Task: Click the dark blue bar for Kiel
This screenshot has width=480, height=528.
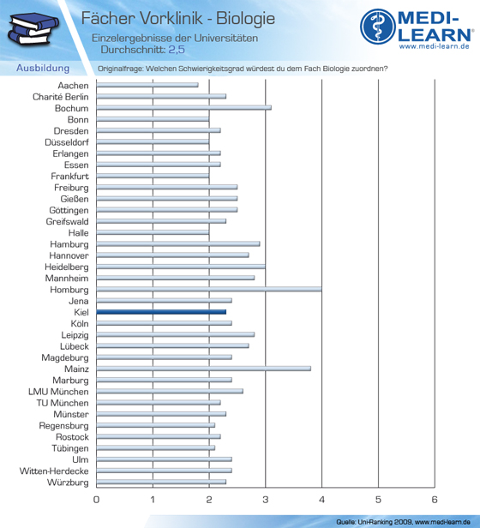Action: (161, 312)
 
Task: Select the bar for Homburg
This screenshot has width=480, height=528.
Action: (209, 289)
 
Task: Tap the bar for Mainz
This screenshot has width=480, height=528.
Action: (204, 369)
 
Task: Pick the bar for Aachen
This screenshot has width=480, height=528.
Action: (147, 85)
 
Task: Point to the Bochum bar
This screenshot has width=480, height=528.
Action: (184, 108)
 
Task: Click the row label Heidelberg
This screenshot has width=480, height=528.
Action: (67, 267)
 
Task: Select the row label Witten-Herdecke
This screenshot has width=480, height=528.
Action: (54, 471)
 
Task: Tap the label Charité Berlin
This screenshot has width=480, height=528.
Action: (61, 97)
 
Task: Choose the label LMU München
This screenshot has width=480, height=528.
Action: (58, 392)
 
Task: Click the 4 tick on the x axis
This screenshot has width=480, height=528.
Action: (321, 500)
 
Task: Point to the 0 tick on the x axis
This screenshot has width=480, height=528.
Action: (96, 500)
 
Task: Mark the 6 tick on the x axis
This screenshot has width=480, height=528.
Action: (435, 500)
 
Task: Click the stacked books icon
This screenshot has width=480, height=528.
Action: (33, 28)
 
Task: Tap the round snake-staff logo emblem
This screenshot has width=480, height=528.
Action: (378, 27)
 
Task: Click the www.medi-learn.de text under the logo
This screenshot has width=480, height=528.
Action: (435, 46)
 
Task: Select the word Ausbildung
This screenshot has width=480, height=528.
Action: (43, 68)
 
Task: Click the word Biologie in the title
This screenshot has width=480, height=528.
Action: (245, 19)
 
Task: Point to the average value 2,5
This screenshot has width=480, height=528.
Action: (177, 50)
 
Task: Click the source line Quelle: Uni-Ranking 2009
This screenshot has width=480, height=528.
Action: (374, 522)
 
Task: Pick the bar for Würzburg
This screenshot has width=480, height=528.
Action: (161, 482)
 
